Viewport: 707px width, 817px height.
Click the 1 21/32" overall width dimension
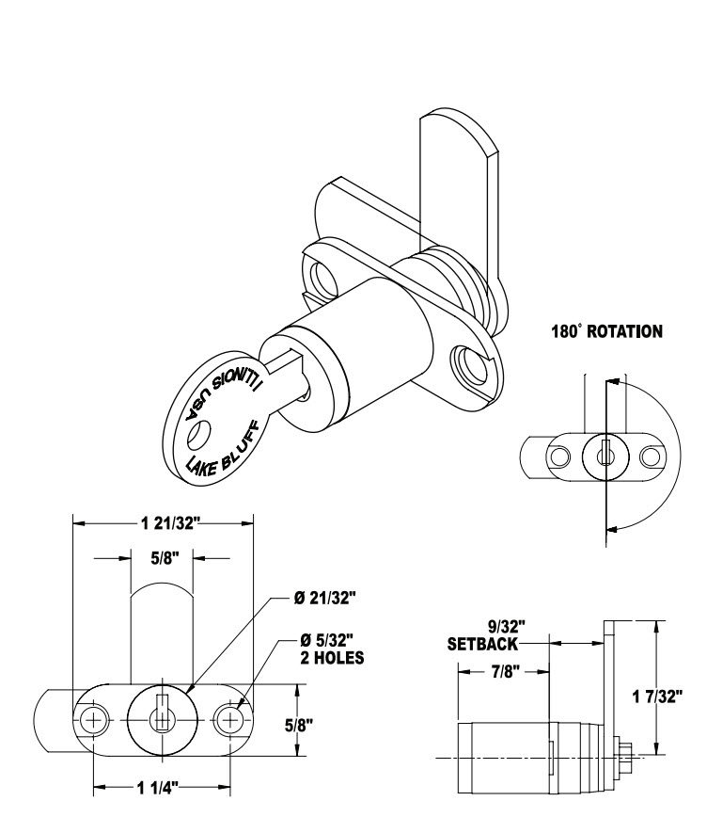coord(170,522)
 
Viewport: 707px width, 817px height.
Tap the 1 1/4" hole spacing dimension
coord(158,788)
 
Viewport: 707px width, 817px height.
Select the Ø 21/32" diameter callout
coord(324,599)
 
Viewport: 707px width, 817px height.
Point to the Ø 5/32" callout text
coord(327,639)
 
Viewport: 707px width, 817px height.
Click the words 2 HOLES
coord(332,658)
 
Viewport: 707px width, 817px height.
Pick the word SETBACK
coord(482,644)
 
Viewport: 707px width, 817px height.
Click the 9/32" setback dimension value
coord(506,625)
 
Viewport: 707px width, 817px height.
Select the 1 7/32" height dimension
coord(656,696)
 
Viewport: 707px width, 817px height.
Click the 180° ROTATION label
coord(607,331)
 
